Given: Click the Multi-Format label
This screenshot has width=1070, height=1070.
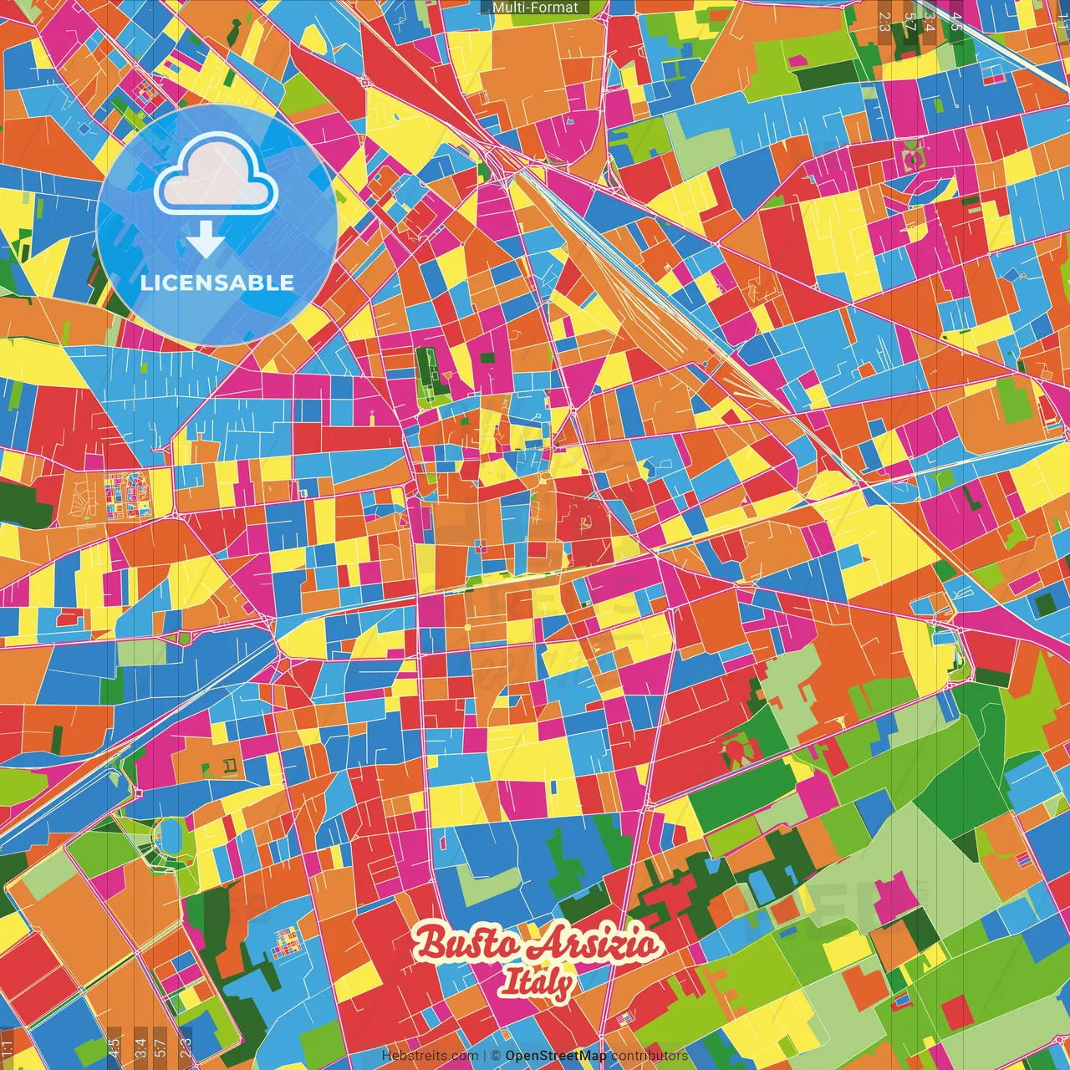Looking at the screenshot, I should pos(535,8).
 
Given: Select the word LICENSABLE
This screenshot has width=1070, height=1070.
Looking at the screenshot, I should pos(217,283).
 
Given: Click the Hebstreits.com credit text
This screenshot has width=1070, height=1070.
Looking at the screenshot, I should pos(430,1056).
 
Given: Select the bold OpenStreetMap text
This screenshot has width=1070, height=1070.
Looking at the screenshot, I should pos(556,1056).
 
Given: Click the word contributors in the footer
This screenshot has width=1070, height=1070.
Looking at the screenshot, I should pos(650,1056).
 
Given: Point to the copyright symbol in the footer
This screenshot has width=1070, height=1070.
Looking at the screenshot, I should pos(496,1056).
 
